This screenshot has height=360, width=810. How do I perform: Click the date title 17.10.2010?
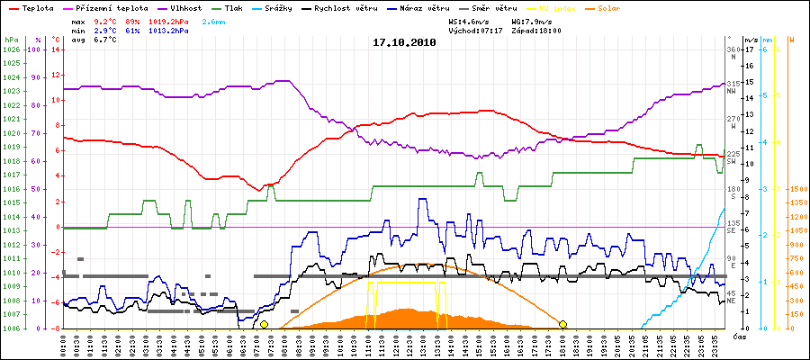(404, 42)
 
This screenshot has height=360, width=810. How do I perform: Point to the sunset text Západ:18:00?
(535, 30)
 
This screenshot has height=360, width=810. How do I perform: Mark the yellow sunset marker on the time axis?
(562, 324)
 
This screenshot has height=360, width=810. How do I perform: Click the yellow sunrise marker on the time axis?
(264, 324)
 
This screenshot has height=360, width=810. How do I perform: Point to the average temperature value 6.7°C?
(107, 40)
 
